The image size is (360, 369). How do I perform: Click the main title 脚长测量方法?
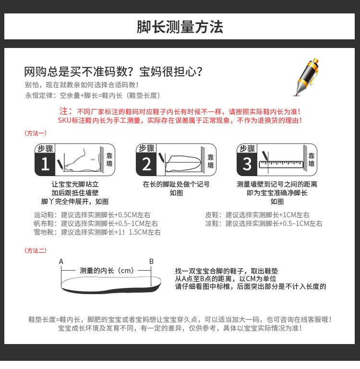tap(180, 27)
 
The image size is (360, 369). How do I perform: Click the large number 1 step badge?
tap(45, 164)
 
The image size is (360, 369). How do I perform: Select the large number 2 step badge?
tap(146, 164)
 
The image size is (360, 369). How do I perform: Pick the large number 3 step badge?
tap(247, 164)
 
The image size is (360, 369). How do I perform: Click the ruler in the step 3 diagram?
tap(281, 164)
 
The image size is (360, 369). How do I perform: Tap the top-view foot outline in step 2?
tap(183, 163)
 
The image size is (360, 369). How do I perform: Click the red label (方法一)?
tap(36, 133)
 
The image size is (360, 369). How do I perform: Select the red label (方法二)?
tap(36, 250)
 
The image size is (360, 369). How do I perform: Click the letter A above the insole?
tap(61, 262)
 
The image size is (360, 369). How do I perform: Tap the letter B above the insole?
tap(151, 262)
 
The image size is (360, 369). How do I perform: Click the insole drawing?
tap(111, 285)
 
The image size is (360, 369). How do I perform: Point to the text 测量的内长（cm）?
tap(107, 271)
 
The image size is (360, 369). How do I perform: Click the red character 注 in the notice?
tap(63, 111)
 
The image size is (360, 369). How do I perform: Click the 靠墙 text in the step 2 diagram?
tap(211, 161)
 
